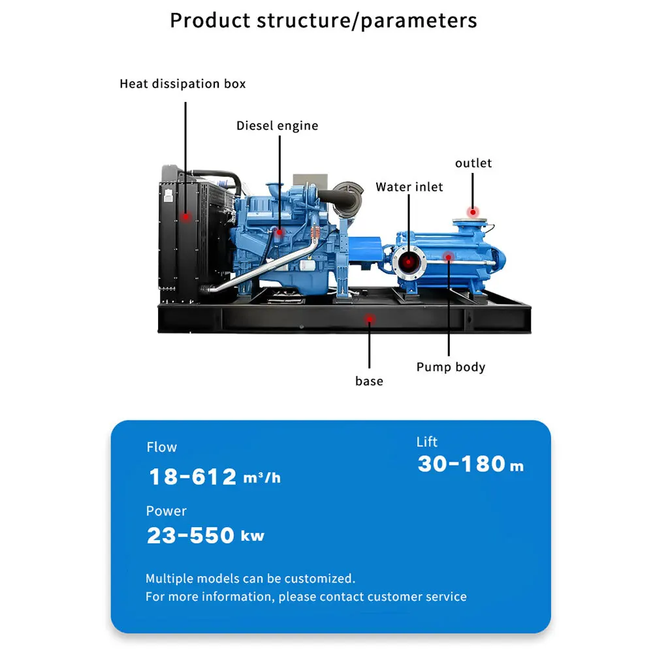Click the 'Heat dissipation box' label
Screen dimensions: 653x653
coord(182,84)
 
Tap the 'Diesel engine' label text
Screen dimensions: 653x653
coord(278,126)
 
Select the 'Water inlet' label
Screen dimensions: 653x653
coord(409,187)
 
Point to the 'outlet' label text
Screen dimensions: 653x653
coord(473,163)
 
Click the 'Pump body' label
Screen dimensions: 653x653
coord(451,367)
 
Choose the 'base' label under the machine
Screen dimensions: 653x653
coord(369,381)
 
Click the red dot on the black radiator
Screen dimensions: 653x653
coord(185,217)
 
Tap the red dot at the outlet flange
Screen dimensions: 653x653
coord(473,212)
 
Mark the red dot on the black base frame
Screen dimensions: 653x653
coord(370,320)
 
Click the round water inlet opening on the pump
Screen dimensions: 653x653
coord(409,263)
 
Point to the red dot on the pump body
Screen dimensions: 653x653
coord(449,257)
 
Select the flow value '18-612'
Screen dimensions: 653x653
coord(193,477)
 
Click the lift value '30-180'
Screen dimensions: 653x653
coord(462,464)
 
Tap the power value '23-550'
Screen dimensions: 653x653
coord(190,535)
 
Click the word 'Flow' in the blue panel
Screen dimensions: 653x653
coord(161,447)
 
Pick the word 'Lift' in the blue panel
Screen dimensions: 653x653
coord(427,442)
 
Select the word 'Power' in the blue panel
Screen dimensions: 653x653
coord(166,511)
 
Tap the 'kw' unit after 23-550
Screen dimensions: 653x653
coord(253,536)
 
